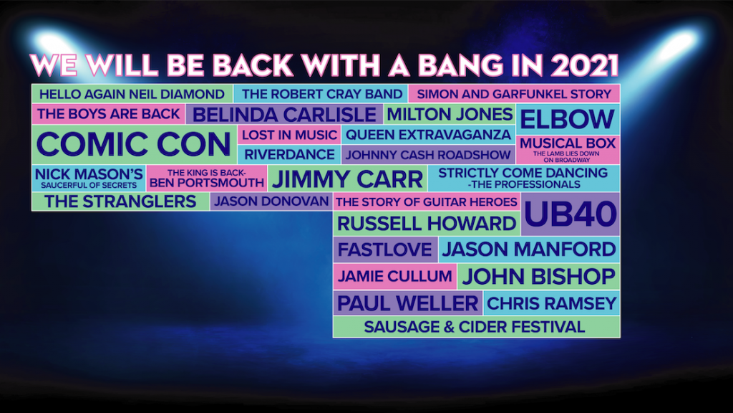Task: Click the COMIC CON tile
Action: point(134,144)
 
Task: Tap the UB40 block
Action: point(571,214)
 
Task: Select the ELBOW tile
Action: point(568,120)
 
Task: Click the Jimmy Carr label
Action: point(347,179)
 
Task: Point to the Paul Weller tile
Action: point(407,303)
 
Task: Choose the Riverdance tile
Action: point(289,155)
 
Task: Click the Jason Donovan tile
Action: point(271,201)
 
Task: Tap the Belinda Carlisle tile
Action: point(284,114)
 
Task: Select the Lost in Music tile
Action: point(289,135)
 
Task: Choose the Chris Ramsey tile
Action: point(552,303)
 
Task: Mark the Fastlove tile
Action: point(385,250)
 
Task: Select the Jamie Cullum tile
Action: point(395,276)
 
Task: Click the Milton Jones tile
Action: point(450,114)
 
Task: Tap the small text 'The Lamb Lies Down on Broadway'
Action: point(567,157)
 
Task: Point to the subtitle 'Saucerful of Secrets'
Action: point(89,186)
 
